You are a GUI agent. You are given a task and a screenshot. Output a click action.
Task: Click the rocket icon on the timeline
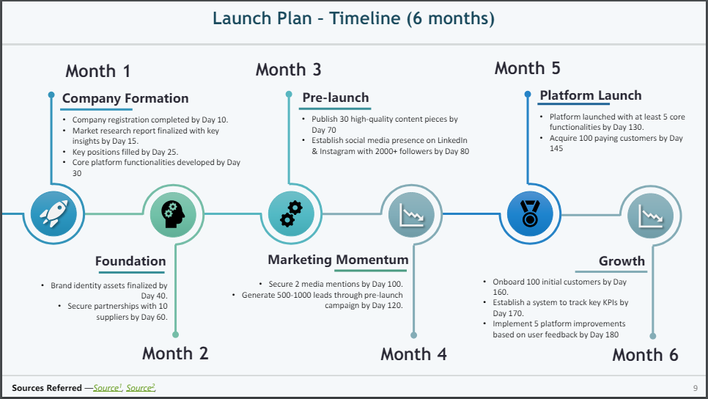[54, 213]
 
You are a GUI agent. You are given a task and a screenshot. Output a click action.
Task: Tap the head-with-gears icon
[173, 213]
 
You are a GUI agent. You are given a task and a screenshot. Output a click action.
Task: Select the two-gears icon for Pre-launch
[291, 213]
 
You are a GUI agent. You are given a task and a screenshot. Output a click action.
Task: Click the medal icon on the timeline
[530, 213]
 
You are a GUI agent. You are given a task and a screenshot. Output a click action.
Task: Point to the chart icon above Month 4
[411, 215]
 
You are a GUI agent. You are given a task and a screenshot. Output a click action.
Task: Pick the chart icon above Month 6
[651, 216]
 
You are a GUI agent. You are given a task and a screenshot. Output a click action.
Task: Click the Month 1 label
[98, 71]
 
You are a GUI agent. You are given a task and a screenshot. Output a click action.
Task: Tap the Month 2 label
[175, 354]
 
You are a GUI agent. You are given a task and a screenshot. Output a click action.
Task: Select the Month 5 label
[528, 68]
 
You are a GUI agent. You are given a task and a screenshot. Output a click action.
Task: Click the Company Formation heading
[125, 98]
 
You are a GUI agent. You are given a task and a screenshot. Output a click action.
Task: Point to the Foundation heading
[130, 261]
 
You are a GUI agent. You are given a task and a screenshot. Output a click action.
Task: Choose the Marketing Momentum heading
[338, 260]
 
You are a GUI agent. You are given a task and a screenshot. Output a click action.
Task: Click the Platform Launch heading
[591, 95]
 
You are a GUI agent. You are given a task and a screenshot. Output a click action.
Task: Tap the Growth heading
[622, 260]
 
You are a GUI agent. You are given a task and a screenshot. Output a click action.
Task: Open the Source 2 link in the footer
[141, 388]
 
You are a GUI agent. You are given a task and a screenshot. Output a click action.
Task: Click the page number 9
[696, 388]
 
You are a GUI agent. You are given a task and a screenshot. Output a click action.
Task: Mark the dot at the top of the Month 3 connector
[289, 94]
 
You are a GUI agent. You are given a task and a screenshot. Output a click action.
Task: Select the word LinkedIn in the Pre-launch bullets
[452, 140]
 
